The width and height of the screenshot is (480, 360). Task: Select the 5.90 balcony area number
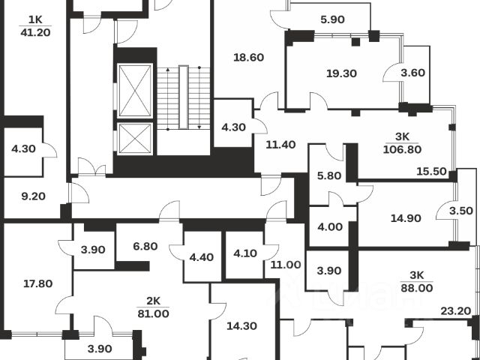[x=331, y=19]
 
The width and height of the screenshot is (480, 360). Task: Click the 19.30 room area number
[x=341, y=73]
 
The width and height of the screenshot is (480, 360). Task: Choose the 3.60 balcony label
[x=414, y=73]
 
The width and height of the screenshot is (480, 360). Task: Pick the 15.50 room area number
[x=431, y=172]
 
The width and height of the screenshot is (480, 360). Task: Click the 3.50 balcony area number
[x=456, y=212]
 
